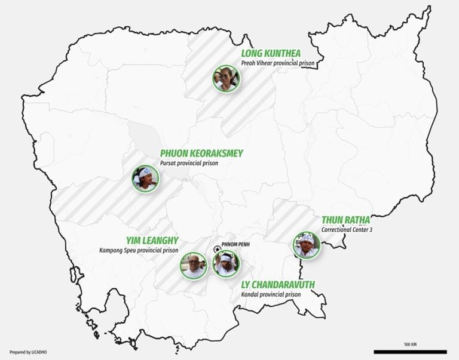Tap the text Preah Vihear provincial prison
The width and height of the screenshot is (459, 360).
tap(278, 63)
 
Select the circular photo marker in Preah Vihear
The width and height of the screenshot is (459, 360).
tap(225, 78)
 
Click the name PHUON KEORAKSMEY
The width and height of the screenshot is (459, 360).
tap(201, 153)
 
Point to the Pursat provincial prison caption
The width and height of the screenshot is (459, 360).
tap(189, 163)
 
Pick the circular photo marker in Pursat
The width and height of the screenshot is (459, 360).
tap(145, 178)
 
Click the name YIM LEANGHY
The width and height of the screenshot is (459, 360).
tap(152, 241)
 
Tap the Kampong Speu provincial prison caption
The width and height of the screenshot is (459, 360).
tap(139, 250)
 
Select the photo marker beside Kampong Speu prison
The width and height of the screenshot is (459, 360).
tap(194, 266)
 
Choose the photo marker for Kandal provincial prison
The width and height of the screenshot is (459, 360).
tap(226, 263)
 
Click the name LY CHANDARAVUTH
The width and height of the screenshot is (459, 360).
tap(277, 285)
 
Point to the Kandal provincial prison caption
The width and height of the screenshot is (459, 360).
tap(271, 294)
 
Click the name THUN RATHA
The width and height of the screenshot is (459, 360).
tap(345, 220)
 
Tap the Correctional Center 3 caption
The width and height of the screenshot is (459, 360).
tap(346, 229)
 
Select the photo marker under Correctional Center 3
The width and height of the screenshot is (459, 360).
tap(307, 245)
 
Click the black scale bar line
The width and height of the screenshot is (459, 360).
tap(410, 351)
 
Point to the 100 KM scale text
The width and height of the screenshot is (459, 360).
tap(410, 344)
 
